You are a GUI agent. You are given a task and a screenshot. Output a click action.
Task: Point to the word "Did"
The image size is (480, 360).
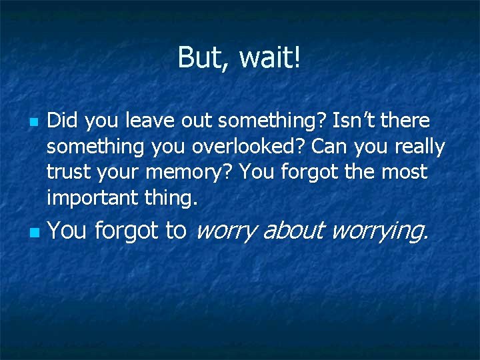tap(63, 121)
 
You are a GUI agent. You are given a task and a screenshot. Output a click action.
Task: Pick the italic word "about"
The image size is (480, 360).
tap(294, 231)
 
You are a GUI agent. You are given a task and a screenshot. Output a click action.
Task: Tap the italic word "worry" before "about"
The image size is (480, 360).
tap(226, 232)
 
